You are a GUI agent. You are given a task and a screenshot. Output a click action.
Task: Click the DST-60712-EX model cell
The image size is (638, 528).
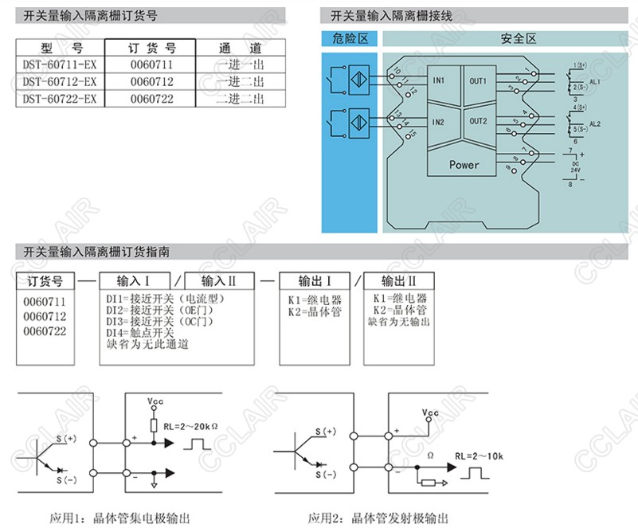pos(60,81)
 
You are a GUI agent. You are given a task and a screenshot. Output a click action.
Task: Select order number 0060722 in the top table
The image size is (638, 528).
pos(151,99)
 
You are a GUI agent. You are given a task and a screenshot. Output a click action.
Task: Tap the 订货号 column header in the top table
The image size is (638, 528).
pos(151,48)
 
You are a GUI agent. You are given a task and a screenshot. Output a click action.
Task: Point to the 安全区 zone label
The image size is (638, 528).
pos(518,38)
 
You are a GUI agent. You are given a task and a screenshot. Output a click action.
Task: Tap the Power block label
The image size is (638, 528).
pos(464,165)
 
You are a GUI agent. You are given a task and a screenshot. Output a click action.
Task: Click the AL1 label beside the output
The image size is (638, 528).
pos(593,81)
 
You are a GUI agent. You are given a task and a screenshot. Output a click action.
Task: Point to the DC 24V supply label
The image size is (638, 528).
pos(574,167)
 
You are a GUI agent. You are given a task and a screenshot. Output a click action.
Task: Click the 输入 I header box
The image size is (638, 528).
pos(134,280)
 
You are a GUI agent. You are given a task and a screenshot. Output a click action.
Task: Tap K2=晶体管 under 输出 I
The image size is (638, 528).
pos(315,311)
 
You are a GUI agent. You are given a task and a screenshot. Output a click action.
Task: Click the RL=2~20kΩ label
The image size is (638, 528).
pos(192,426)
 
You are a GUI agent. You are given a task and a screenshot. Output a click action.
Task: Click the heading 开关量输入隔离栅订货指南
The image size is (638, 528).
pos(96,252)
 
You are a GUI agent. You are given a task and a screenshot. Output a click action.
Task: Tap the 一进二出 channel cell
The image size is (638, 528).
pos(240,81)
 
